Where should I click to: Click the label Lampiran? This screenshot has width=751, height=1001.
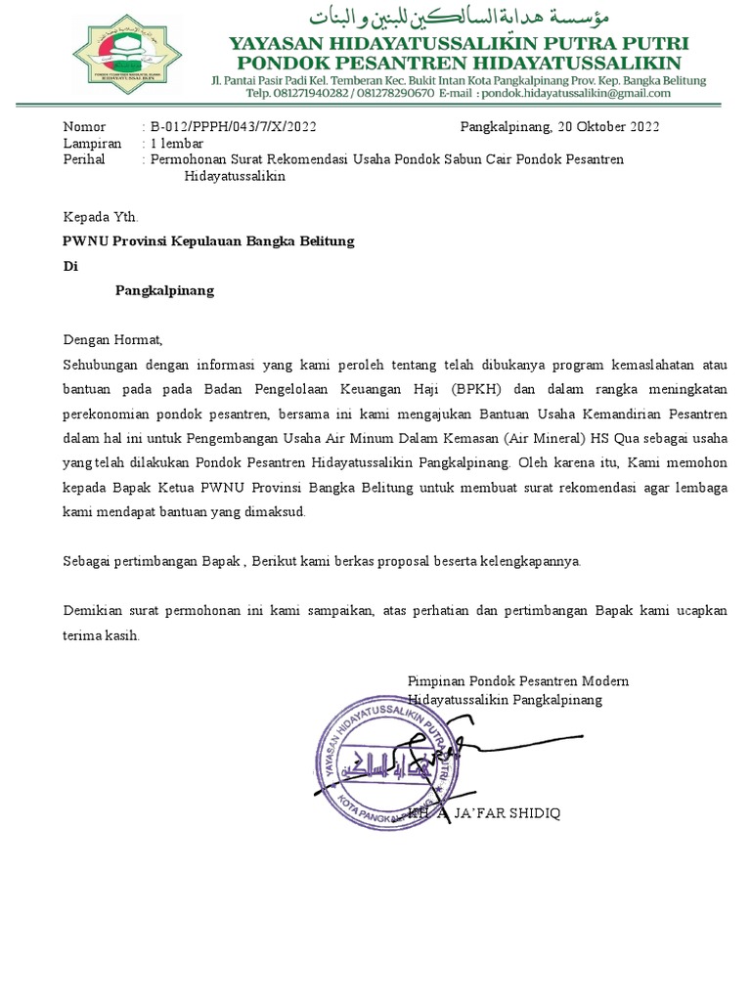tap(92, 143)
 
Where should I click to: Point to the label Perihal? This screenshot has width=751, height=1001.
tap(84, 159)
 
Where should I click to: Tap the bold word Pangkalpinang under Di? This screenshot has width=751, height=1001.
tap(164, 290)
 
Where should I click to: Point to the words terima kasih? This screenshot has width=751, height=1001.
tap(102, 634)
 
